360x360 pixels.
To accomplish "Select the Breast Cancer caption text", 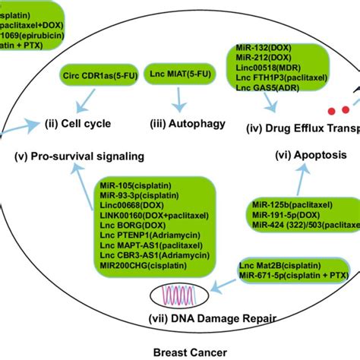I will click(x=179, y=351).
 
